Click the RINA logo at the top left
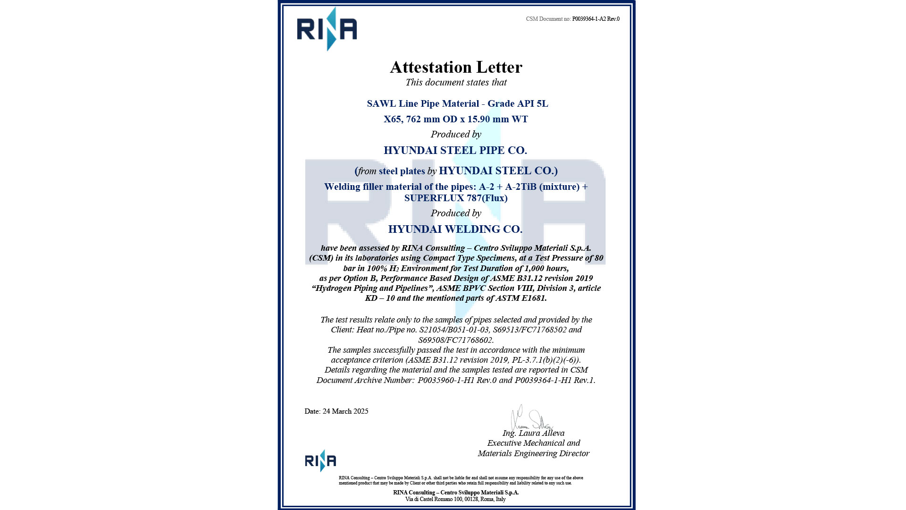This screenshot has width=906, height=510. [327, 29]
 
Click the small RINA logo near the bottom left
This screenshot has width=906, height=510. [320, 460]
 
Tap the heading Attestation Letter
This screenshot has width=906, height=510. [456, 67]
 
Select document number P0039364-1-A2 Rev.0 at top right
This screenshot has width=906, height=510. [596, 19]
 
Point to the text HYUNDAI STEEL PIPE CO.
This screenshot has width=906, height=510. [455, 150]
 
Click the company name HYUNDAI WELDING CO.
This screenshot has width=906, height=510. [455, 229]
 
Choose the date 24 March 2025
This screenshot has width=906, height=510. [345, 411]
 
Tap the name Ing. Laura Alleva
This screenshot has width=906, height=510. [533, 433]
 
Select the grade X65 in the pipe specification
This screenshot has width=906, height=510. [393, 119]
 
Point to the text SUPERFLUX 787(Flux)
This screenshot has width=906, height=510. [456, 198]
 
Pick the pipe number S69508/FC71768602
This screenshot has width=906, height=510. [456, 340]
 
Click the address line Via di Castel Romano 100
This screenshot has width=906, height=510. [455, 499]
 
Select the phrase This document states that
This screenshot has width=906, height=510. [456, 82]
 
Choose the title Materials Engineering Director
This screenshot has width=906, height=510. [534, 453]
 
